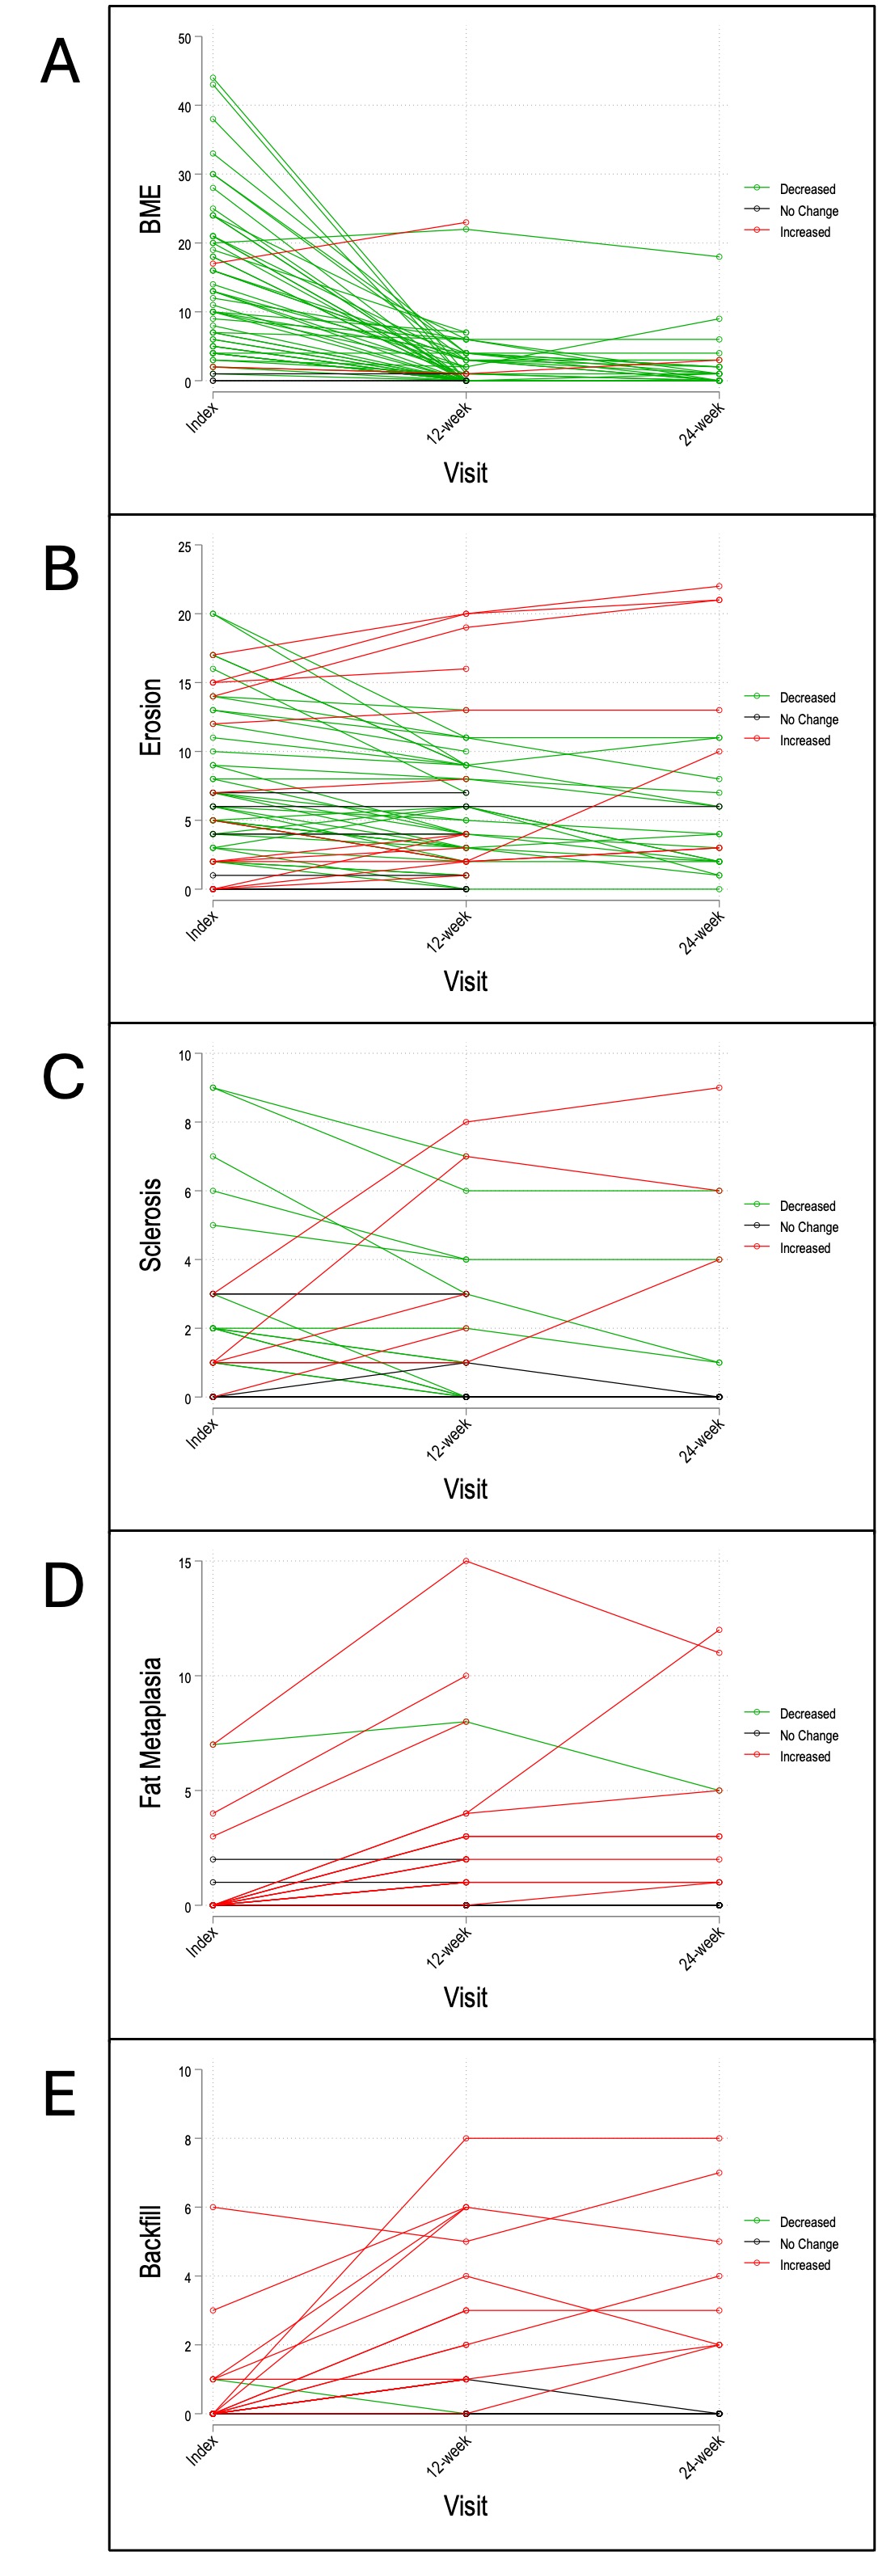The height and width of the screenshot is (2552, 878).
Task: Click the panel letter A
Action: pyautogui.click(x=61, y=62)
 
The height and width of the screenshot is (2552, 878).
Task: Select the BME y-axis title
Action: pyautogui.click(x=150, y=210)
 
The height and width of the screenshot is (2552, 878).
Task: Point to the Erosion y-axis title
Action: pyautogui.click(x=150, y=717)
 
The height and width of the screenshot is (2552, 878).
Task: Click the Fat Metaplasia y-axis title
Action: pyautogui.click(x=150, y=1734)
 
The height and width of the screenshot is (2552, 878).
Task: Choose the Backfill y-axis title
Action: pyautogui.click(x=150, y=2242)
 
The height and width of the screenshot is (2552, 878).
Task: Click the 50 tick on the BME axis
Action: pyautogui.click(x=184, y=39)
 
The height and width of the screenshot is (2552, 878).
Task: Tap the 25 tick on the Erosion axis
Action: pyautogui.click(x=184, y=546)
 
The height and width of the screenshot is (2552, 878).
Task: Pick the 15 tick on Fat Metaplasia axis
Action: pyautogui.click(x=184, y=1563)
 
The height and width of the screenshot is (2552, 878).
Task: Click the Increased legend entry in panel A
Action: pyautogui.click(x=804, y=232)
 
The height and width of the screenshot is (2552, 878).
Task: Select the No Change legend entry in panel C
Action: pyautogui.click(x=808, y=1226)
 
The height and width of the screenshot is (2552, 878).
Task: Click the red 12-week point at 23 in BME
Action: pyautogui.click(x=466, y=223)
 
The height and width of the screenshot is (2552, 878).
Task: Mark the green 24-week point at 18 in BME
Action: pyautogui.click(x=720, y=256)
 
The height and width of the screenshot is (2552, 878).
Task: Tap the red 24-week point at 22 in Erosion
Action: pyautogui.click(x=720, y=587)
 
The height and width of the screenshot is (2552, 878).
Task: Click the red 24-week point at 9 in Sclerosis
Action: pyautogui.click(x=720, y=1088)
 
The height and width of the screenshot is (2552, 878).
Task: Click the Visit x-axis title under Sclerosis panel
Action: pyautogui.click(x=466, y=1489)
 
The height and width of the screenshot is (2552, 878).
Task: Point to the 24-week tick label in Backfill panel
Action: pyautogui.click(x=702, y=2459)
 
